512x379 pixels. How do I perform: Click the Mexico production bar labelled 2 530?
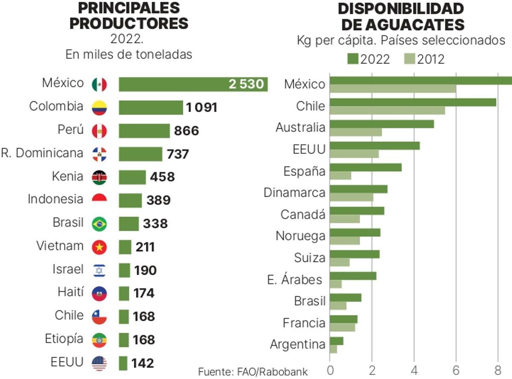tap(193, 84)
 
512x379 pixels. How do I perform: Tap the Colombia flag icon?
tap(99, 108)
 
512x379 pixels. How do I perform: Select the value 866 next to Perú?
tap(186, 131)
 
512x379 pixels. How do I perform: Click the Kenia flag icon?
tap(99, 177)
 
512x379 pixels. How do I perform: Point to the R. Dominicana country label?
tap(42, 153)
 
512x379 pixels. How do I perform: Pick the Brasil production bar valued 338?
tap(128, 224)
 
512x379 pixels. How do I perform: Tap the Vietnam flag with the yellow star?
tap(99, 247)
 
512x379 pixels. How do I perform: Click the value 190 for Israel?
tap(145, 270)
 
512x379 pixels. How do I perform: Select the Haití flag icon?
tap(99, 293)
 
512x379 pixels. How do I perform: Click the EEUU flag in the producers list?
tap(99, 363)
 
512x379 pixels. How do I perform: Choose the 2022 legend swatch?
tap(353, 59)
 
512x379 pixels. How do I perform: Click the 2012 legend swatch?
tap(409, 59)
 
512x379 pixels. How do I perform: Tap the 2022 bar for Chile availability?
tap(413, 102)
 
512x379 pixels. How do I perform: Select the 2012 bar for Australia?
tap(356, 132)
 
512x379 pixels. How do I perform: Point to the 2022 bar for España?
tap(366, 167)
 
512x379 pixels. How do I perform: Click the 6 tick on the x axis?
tap(456, 369)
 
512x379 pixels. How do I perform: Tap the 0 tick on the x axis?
tap(330, 369)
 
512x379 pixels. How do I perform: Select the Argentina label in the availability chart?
tap(297, 344)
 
